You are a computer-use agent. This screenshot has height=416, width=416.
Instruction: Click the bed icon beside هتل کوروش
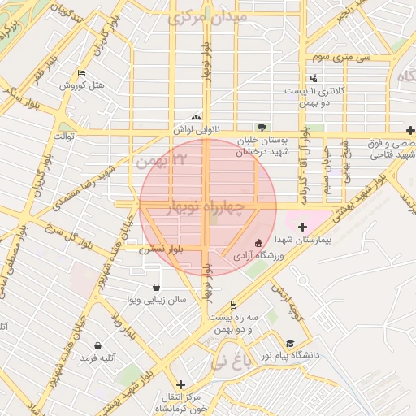[80, 73]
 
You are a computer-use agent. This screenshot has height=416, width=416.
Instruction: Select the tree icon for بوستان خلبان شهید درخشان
[262, 127]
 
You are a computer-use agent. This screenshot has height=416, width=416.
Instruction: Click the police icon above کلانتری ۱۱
[314, 78]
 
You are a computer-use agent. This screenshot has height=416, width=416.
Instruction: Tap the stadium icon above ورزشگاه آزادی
[258, 242]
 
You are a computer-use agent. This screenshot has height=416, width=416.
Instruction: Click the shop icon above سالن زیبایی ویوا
[156, 287]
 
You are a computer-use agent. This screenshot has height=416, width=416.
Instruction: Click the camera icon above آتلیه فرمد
[98, 345]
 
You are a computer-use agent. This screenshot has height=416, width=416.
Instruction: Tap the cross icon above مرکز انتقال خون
[180, 383]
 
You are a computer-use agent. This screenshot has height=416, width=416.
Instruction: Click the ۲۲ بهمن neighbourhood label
[162, 161]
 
